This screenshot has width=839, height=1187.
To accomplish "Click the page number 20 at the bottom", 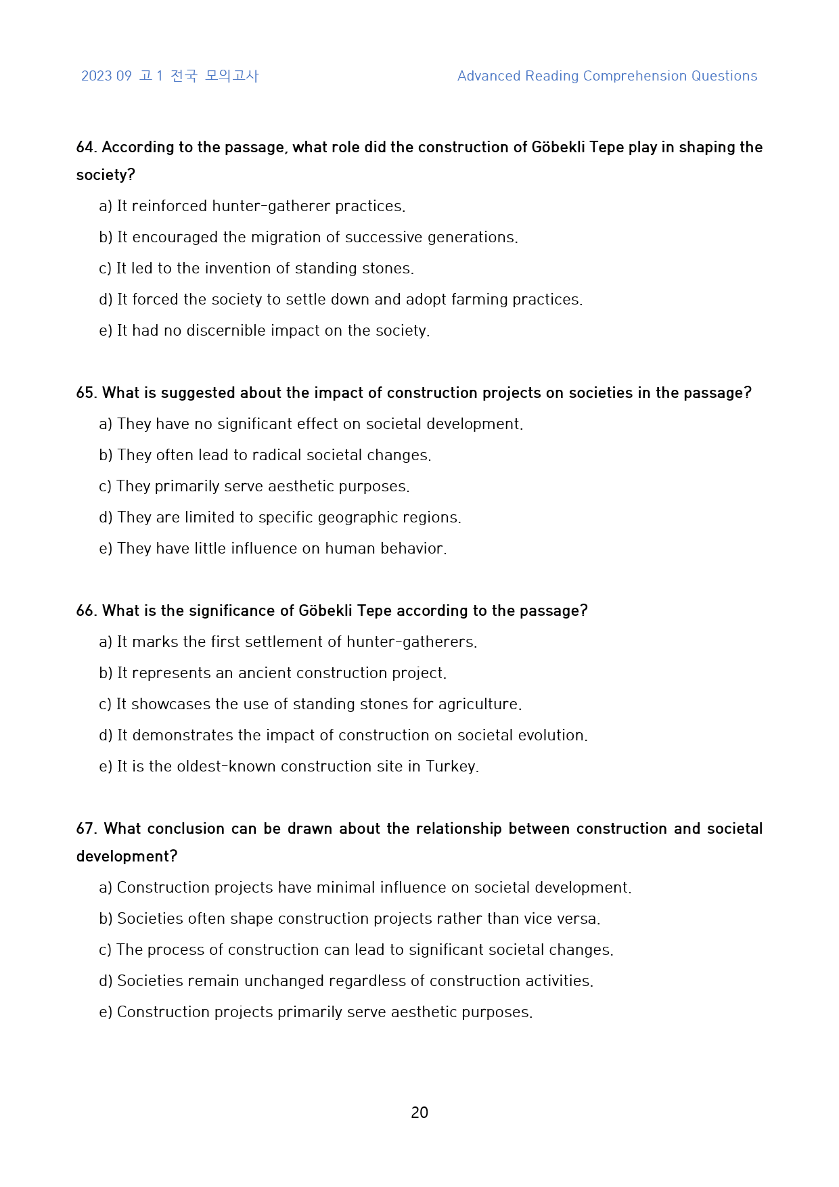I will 419,1113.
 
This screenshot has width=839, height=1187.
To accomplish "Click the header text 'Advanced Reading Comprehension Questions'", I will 607,76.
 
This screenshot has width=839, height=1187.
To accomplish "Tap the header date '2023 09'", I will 106,76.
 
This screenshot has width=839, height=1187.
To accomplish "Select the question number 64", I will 87,148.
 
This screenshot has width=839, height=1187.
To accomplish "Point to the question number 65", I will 87,393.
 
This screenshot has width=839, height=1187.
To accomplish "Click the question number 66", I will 87,611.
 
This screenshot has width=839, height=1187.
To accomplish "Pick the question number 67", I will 87,829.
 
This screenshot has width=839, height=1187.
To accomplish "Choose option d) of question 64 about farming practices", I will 340,300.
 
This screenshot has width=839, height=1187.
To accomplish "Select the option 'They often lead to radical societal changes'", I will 265,455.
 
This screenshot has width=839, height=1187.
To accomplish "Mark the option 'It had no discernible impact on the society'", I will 265,331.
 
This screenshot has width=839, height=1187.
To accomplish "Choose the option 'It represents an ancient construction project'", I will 273,673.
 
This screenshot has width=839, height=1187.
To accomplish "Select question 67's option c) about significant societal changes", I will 356,950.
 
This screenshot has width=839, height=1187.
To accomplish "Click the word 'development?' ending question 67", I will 127,857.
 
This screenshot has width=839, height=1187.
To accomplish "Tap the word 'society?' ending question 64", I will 106,175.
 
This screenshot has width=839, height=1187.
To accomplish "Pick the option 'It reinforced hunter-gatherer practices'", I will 252,206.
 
